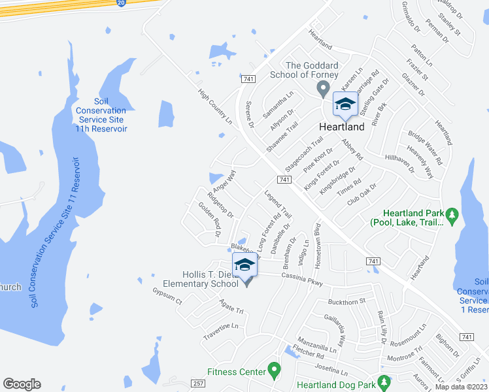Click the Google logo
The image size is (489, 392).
(x=22, y=384)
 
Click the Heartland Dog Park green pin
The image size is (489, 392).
(x=384, y=382)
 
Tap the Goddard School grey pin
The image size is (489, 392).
(x=322, y=88)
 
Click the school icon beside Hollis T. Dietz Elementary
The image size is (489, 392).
(x=244, y=265)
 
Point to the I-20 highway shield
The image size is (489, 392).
(x=120, y=3)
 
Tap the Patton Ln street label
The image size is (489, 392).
(x=422, y=56)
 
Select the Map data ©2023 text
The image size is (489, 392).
(x=462, y=387)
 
